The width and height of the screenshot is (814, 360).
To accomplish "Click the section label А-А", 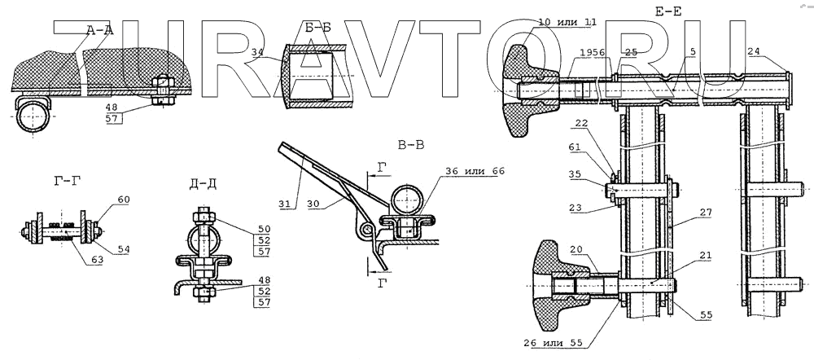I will click(98, 30).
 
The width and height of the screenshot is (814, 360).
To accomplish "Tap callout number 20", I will click(575, 251).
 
